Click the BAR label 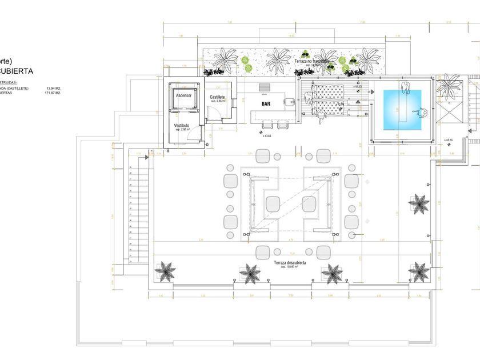(266, 104)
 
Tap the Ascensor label (183, 95)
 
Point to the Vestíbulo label (182, 125)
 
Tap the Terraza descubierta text (290, 263)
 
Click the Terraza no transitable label (312, 61)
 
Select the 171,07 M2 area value (53, 92)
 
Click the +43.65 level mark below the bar (266, 136)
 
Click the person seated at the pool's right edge (423, 113)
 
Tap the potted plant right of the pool (449, 87)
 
